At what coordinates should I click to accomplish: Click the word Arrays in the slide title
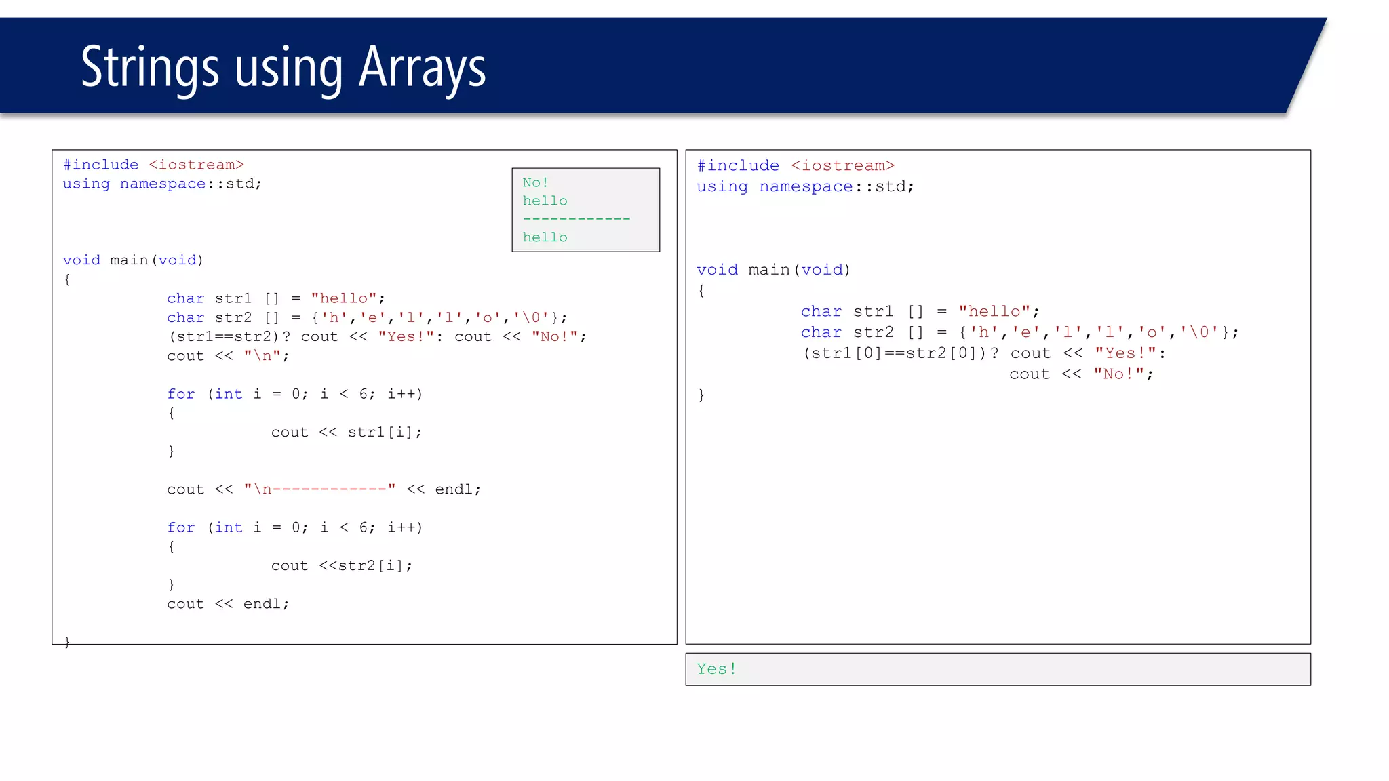[422, 68]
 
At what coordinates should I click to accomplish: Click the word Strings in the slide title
[150, 68]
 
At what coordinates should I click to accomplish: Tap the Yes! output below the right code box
[716, 669]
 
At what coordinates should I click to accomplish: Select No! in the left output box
[535, 182]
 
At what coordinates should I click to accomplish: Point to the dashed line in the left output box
[576, 219]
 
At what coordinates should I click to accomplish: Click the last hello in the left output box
[545, 237]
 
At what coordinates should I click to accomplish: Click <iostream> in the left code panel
[196, 165]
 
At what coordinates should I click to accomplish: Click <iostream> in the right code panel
[842, 165]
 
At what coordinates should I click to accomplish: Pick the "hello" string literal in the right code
[994, 311]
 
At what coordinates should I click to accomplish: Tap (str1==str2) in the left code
[223, 336]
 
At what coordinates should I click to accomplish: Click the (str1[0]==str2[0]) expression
[895, 353]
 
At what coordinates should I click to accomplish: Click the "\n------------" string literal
[319, 489]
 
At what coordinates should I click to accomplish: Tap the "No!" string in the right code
[1118, 374]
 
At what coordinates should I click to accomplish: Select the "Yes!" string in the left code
[406, 336]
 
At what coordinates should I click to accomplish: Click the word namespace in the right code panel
[806, 186]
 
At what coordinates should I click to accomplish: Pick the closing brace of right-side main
[701, 395]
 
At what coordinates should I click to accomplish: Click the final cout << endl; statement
[228, 604]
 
